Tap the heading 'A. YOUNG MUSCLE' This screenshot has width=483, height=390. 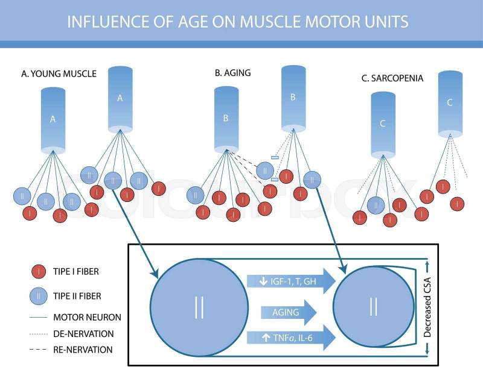[x=59, y=74]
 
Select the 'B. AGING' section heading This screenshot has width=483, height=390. [x=232, y=73]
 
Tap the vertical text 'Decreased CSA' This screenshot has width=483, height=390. [x=426, y=307]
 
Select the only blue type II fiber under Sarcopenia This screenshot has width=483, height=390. [x=376, y=206]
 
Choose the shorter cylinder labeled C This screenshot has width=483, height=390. [x=383, y=124]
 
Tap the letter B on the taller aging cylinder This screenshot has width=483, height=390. [x=293, y=97]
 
